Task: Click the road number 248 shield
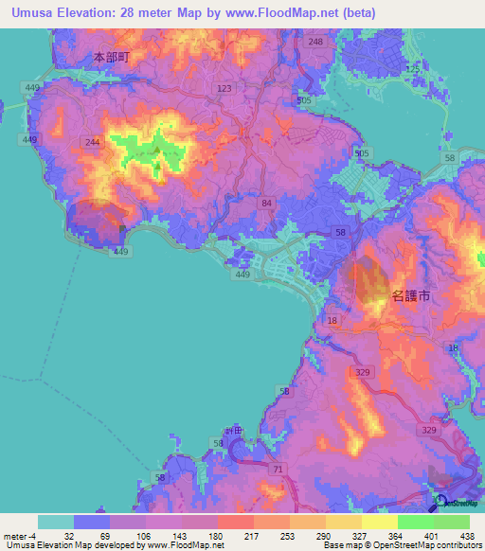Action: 315,43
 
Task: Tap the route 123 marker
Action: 225,88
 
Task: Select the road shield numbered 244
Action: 92,142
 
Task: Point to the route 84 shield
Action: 267,204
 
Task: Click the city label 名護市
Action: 410,296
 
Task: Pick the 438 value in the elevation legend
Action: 468,535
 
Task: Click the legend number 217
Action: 252,535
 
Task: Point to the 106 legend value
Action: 144,535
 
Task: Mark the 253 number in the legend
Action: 288,535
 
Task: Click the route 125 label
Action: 411,71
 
